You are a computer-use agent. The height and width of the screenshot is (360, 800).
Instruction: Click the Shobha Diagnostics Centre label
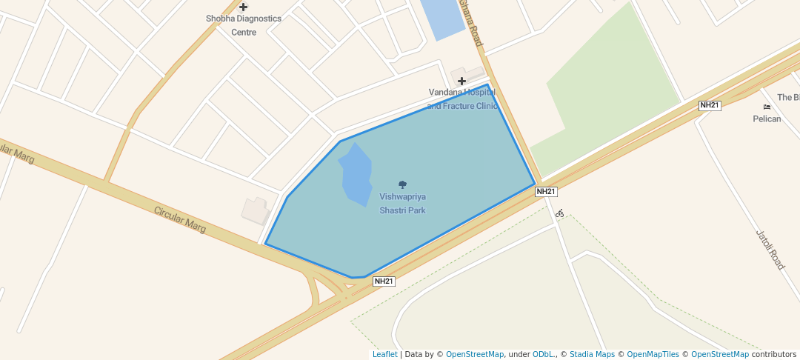point(243,25)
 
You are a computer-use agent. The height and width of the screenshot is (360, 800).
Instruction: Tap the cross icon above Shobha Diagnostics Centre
point(243,7)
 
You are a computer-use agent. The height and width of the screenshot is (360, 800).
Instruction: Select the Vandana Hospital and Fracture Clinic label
point(463,99)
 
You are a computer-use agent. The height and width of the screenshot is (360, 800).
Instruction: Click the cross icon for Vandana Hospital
point(461,81)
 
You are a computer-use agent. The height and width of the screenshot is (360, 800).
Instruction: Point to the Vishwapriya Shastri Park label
point(402,203)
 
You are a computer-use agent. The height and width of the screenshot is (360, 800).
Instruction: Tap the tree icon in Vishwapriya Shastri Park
point(402,184)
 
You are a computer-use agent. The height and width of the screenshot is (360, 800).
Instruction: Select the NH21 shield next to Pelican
point(710,105)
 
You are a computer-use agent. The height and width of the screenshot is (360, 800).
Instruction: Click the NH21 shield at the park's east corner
point(545,191)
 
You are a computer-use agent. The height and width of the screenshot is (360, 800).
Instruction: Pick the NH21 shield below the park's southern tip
point(384,281)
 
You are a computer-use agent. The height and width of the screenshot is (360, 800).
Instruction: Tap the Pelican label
point(767,119)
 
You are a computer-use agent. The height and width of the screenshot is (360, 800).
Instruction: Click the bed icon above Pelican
point(767,107)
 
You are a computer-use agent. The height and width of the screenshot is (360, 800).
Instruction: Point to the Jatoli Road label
point(770,250)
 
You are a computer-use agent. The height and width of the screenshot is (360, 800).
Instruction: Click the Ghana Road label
point(470,22)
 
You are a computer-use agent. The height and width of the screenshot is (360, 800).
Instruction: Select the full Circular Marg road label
point(179,221)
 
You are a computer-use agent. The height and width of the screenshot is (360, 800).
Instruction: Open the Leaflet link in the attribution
point(384,354)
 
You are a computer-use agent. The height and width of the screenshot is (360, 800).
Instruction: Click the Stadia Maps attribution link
point(592,354)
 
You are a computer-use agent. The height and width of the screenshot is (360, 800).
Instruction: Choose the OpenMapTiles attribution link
point(648,354)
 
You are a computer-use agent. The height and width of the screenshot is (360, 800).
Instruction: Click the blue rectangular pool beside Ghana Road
point(442,19)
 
